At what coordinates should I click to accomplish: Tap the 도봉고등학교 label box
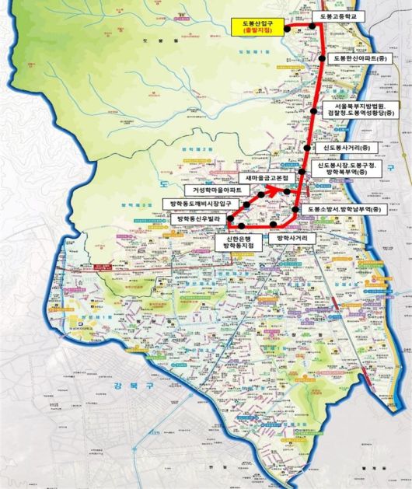(x=338, y=16)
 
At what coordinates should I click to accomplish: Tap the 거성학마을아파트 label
(x=211, y=190)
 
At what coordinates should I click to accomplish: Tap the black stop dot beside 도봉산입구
(x=287, y=28)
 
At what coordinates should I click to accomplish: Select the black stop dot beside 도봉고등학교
(x=315, y=25)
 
